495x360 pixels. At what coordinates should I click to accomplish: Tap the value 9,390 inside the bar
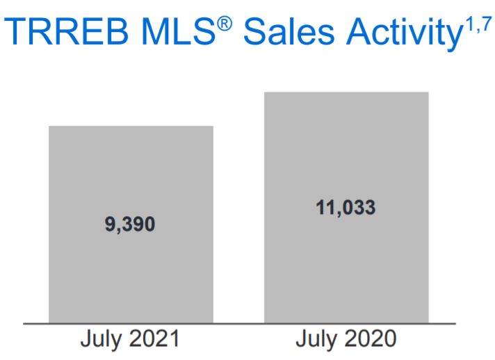[x=131, y=224]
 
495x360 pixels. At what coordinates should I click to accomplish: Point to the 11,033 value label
[x=346, y=208]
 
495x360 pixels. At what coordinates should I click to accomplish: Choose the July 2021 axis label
[x=131, y=341]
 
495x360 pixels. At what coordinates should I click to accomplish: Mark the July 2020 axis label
[x=346, y=341]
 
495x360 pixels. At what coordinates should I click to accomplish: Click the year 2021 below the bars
[x=152, y=340]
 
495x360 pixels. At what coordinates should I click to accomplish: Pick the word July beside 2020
[x=317, y=341]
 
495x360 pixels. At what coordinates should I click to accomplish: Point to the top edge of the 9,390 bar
[x=131, y=126]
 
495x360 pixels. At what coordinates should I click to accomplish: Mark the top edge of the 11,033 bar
[x=346, y=92]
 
